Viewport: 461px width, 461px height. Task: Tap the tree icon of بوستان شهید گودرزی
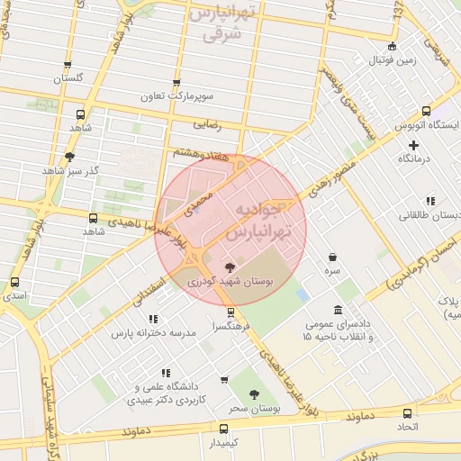pos(230,267)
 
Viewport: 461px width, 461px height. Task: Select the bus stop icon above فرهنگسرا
pos(231,312)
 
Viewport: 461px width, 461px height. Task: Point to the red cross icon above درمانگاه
pos(414,145)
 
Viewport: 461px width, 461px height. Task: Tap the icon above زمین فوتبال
pos(391,47)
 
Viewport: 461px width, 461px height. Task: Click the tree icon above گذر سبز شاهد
pos(70,157)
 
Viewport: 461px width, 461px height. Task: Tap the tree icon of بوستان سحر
pos(254,394)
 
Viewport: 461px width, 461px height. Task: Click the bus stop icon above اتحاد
pos(408,413)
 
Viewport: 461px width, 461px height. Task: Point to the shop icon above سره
pos(333,258)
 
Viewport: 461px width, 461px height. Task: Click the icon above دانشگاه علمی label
pos(165,373)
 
